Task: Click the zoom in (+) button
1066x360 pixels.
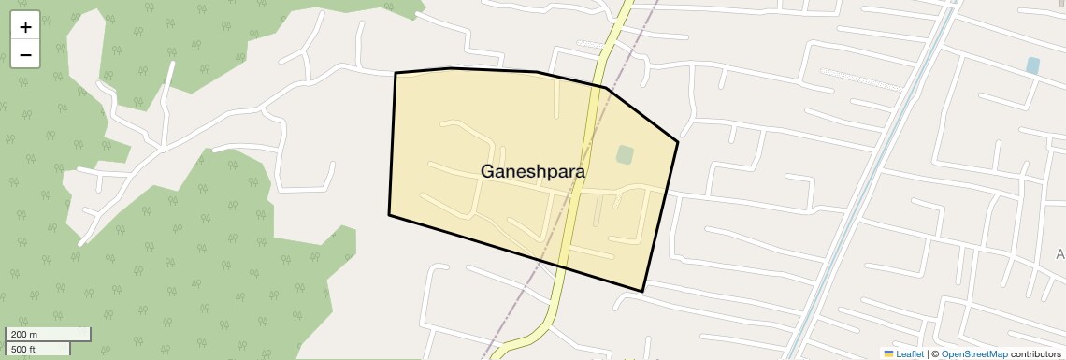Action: click(x=25, y=27)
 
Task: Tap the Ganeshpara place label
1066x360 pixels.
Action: click(x=533, y=172)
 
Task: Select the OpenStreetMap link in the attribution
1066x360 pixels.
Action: click(x=973, y=354)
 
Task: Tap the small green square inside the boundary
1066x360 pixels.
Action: click(x=625, y=154)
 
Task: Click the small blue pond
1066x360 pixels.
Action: click(x=1032, y=65)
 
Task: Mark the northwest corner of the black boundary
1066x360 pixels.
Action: click(x=396, y=73)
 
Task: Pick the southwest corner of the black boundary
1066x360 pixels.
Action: click(x=389, y=215)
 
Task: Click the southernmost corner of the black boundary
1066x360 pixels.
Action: click(x=642, y=291)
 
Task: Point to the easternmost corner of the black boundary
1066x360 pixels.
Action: click(x=677, y=142)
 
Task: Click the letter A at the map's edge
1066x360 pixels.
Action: click(x=1060, y=254)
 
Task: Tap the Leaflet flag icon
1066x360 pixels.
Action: click(x=888, y=354)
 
